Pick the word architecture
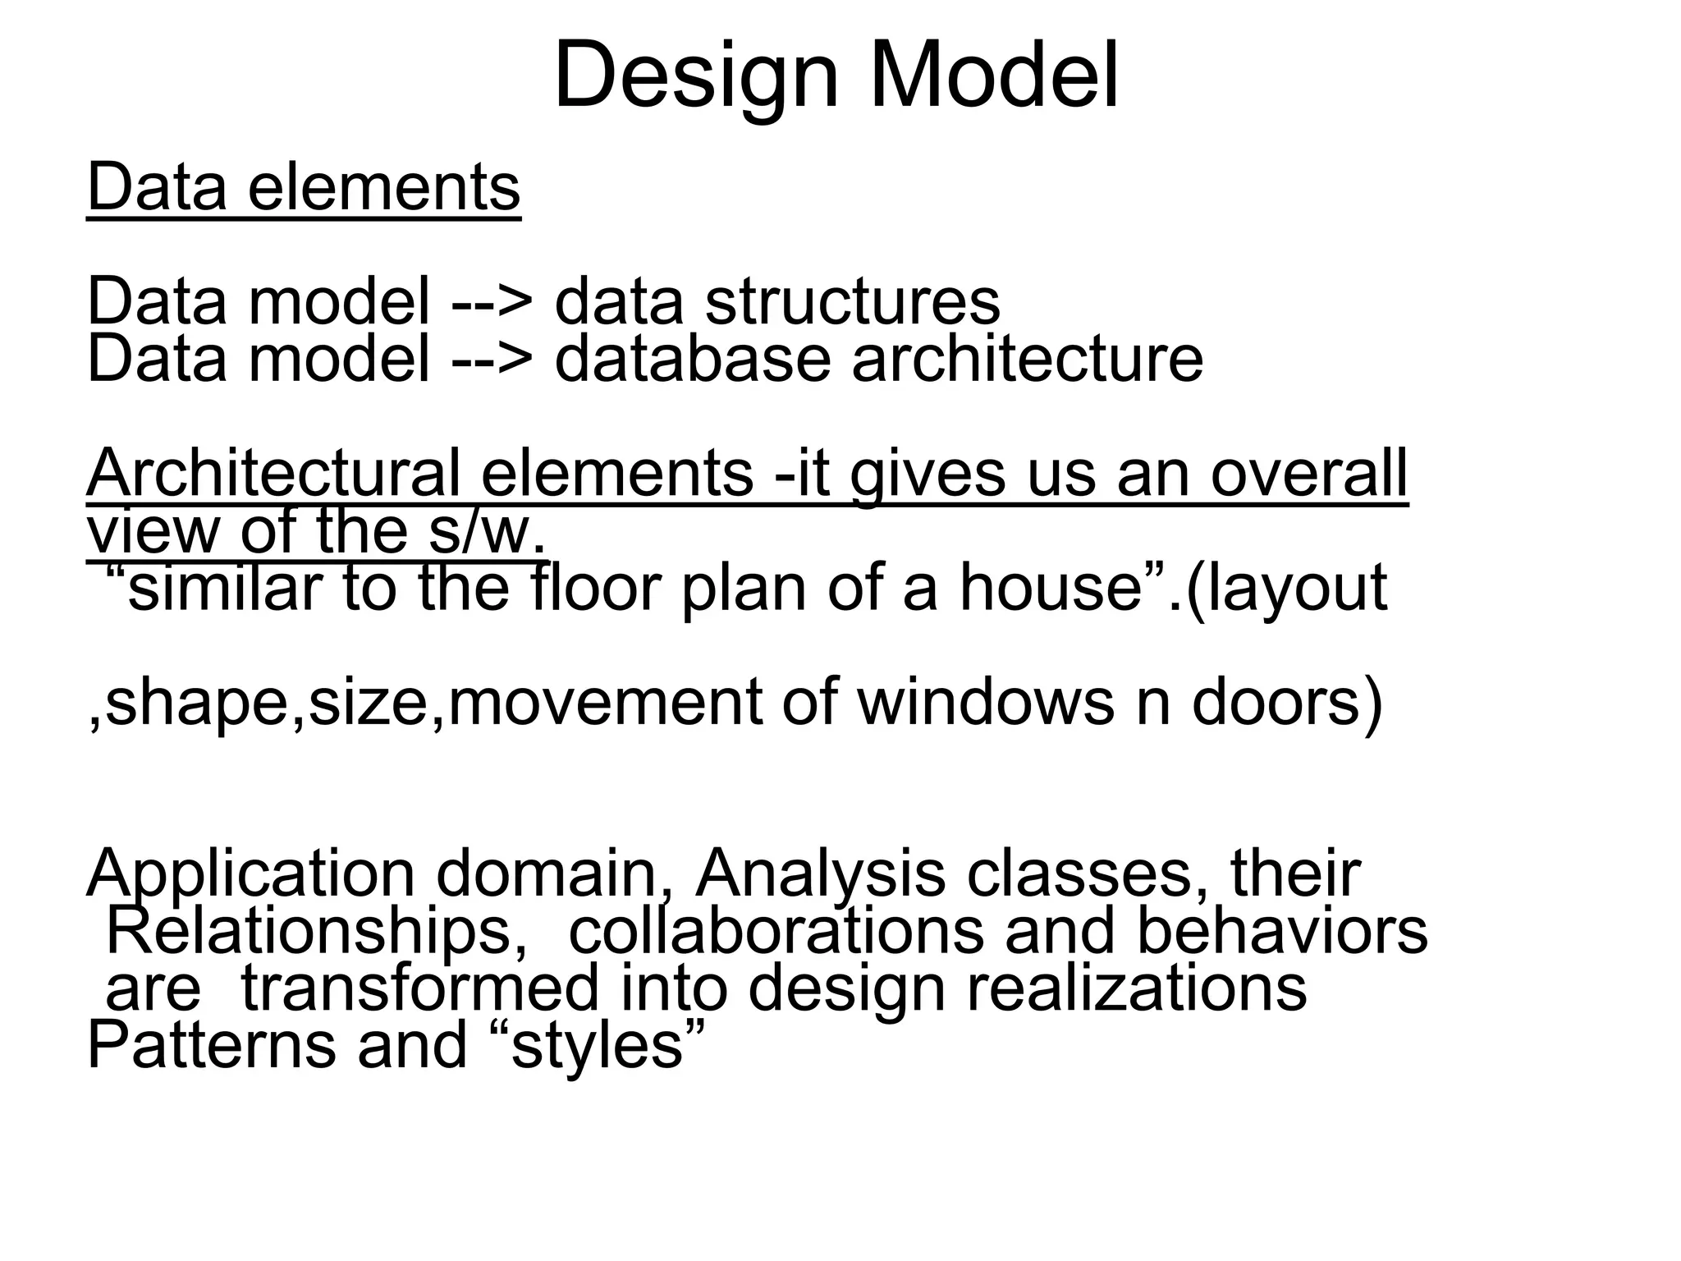[x=1028, y=359]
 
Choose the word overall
[x=1309, y=474]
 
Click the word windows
[x=985, y=703]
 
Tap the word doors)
[x=1287, y=703]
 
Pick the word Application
[x=251, y=875]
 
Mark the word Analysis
[x=820, y=874]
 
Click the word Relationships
[x=316, y=932]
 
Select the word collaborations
[x=776, y=932]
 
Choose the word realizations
[x=1137, y=988]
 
